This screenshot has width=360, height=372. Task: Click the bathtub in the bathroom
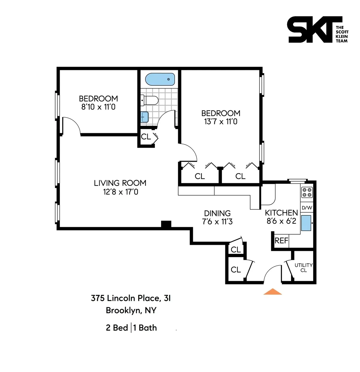(160, 79)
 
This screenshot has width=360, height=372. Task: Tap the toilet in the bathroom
(150, 100)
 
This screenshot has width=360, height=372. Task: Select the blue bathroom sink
(145, 117)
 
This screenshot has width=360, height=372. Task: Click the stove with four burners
(307, 192)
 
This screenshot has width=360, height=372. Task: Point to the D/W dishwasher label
(307, 208)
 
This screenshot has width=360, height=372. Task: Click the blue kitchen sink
(306, 223)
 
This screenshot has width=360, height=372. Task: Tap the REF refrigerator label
(281, 241)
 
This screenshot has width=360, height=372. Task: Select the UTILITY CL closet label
(303, 267)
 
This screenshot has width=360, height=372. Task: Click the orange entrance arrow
(272, 292)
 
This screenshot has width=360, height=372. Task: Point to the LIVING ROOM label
(120, 183)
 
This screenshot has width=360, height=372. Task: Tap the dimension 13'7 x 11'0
(221, 121)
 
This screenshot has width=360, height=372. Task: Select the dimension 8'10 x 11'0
(98, 107)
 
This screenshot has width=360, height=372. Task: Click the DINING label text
(217, 213)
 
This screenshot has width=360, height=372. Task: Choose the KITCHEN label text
(281, 213)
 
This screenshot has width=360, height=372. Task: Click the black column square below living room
(166, 224)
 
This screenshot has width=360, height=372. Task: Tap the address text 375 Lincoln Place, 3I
(131, 298)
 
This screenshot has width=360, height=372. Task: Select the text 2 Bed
(117, 328)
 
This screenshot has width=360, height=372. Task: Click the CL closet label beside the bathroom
(146, 137)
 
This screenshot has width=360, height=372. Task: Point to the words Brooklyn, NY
(131, 310)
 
